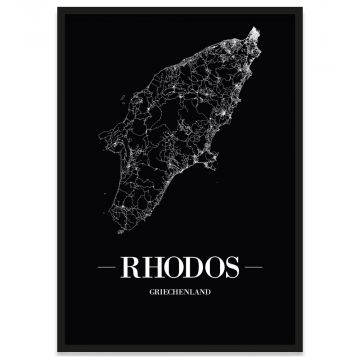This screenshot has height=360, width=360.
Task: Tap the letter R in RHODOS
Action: [x=130, y=269]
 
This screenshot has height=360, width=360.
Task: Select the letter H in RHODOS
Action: [x=150, y=269]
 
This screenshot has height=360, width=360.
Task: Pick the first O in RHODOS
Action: [x=171, y=269]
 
